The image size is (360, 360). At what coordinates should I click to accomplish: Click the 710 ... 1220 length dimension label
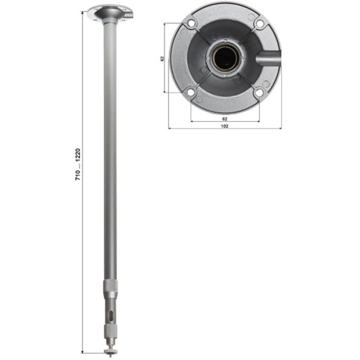(78, 164)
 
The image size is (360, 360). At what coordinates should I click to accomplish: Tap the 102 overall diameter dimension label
(224, 126)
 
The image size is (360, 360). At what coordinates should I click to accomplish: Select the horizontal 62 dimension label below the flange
(225, 119)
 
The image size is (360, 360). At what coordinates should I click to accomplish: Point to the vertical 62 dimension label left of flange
(163, 59)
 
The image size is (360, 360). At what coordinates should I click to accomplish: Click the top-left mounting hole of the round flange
(191, 23)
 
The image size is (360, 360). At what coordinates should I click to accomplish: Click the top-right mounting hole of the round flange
(259, 23)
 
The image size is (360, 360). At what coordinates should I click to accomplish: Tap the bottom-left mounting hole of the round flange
(191, 92)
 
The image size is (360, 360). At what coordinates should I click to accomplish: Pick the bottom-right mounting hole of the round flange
(259, 93)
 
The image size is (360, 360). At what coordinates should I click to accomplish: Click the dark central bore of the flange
(226, 58)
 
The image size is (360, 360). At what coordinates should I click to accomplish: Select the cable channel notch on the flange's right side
(268, 58)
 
